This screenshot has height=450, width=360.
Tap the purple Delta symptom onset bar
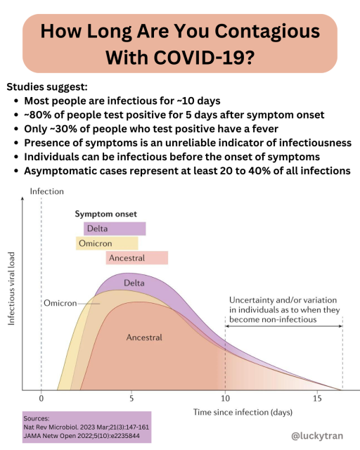(115, 229)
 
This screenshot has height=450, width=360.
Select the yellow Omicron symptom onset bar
(107, 243)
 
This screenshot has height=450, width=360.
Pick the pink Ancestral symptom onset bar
(137, 258)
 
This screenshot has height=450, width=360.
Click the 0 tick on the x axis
(41, 398)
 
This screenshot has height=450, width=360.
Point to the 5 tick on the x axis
(131, 398)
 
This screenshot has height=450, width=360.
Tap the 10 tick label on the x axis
(224, 398)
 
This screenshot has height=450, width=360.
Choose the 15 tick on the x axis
(316, 398)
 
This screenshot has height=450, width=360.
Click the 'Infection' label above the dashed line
(47, 191)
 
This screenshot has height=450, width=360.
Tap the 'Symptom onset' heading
(106, 214)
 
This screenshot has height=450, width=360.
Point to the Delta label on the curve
(134, 283)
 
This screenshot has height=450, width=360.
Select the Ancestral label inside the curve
(144, 337)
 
